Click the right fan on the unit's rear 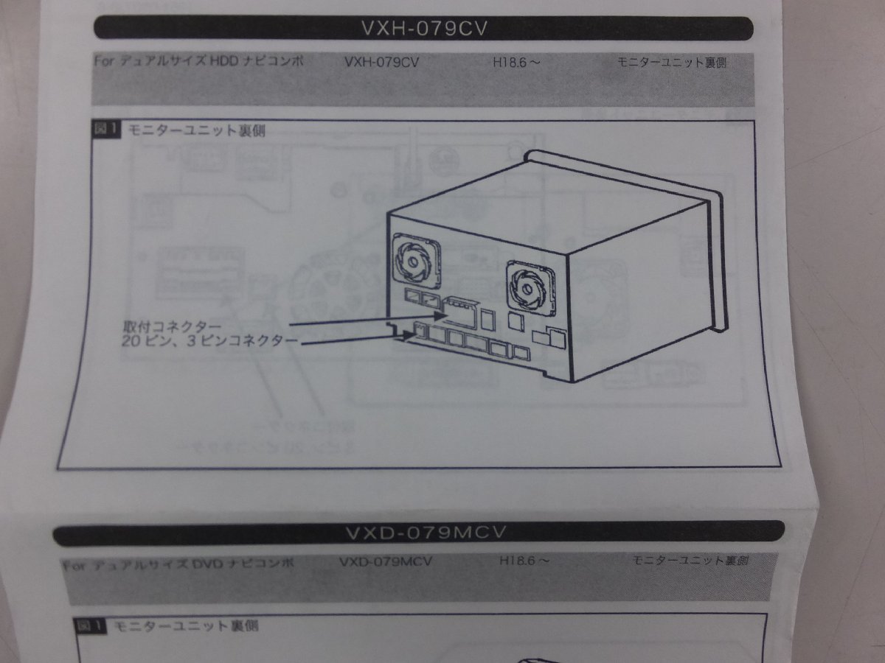[x=529, y=284]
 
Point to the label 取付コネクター [x=171, y=326]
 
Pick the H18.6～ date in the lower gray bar [x=524, y=561]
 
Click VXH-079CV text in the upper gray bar [x=381, y=63]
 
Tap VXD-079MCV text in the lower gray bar [x=386, y=562]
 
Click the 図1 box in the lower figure [x=91, y=627]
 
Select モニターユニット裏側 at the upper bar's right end [x=671, y=63]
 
